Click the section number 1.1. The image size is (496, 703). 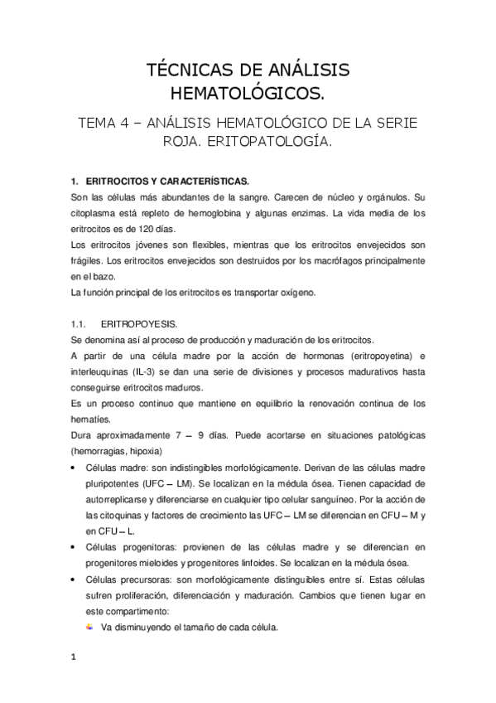[x=79, y=325]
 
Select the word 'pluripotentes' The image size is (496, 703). [x=111, y=483]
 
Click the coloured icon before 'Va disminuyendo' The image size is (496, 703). [x=89, y=628]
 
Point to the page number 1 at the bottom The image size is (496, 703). [x=74, y=658]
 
